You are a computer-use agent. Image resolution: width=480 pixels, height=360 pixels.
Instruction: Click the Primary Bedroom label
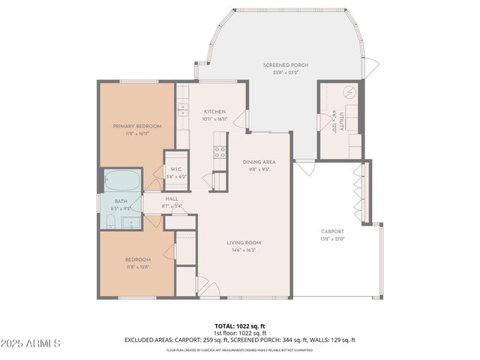[132, 126]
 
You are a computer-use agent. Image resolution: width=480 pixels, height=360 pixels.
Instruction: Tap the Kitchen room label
[214, 112]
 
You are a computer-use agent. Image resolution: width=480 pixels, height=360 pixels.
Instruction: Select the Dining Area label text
[259, 162]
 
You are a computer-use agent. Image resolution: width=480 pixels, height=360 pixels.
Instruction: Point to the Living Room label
[244, 242]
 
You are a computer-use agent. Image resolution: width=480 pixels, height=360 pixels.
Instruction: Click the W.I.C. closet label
[177, 169]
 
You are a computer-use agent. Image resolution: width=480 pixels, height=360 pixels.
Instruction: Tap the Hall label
[172, 199]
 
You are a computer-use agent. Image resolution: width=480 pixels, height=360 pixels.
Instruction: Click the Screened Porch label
[285, 65]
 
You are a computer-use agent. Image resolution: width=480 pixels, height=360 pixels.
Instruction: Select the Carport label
[331, 232]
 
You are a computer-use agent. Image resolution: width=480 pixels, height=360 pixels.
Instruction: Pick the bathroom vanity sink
[130, 222]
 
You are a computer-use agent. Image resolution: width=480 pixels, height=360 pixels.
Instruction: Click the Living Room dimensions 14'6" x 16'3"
[244, 250]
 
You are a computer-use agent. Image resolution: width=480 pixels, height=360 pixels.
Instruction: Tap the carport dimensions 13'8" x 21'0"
[331, 239]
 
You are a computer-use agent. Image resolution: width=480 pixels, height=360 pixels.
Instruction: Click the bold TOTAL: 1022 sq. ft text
[240, 325]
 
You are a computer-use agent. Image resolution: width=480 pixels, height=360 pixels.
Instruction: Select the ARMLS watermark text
[31, 343]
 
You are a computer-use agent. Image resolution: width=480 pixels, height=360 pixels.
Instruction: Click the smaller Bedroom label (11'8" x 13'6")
[138, 259]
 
